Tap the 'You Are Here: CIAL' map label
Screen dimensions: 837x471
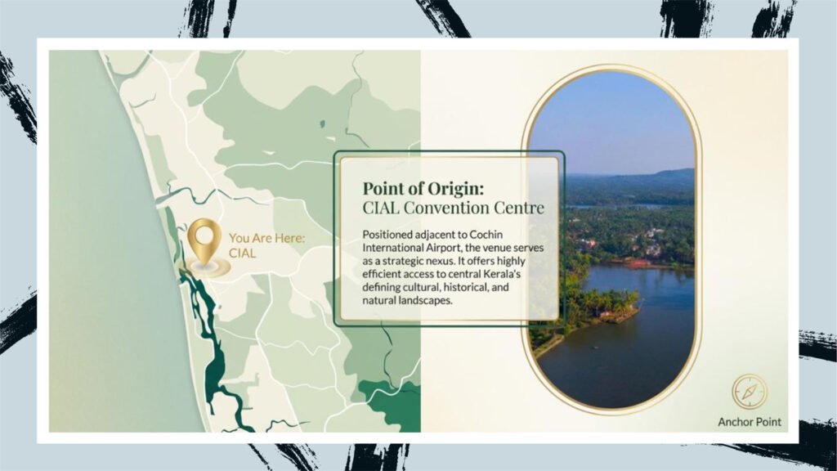[267, 245]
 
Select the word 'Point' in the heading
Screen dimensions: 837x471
[381, 189]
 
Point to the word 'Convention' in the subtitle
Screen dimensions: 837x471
[445, 207]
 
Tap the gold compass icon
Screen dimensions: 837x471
[750, 392]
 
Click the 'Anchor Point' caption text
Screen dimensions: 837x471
[750, 422]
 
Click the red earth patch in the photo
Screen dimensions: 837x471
[641, 262]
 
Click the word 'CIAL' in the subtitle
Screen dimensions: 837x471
[381, 207]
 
